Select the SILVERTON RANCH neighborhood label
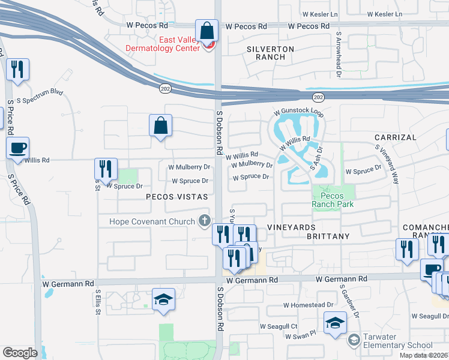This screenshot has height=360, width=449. click(270, 53)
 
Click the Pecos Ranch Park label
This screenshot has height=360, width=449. click(332, 200)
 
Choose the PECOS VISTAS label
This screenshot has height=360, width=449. click(176, 196)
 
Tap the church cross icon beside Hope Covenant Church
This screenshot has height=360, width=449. click(205, 221)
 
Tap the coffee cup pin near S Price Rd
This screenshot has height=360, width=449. click(17, 148)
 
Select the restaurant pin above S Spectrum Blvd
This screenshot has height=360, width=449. click(17, 69)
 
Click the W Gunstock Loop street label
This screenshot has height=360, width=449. click(298, 112)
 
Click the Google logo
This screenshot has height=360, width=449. click(20, 352)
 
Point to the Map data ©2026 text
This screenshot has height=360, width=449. click(423, 355)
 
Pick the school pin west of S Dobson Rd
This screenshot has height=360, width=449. click(163, 300)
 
